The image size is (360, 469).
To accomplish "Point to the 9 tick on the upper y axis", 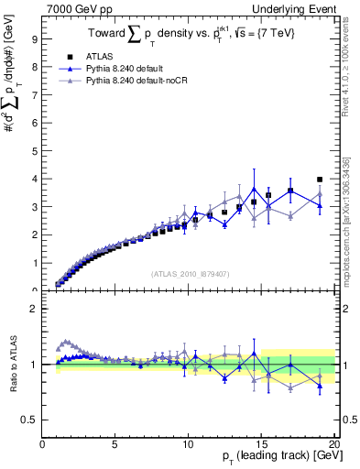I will pyautogui.click(x=32, y=39).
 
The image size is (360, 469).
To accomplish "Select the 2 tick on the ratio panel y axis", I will pyautogui.click(x=32, y=309).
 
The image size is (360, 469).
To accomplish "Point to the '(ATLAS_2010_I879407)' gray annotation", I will pyautogui.click(x=189, y=272).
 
